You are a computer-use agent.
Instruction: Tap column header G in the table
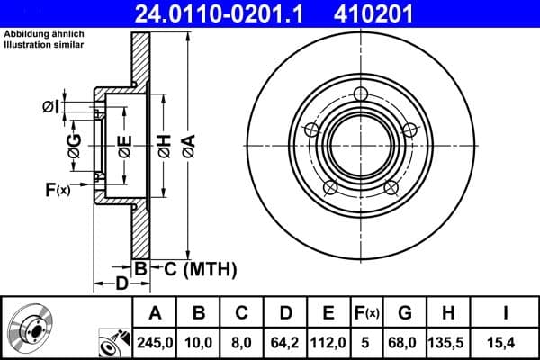click(x=405, y=313)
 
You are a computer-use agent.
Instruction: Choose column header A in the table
click(x=156, y=313)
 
